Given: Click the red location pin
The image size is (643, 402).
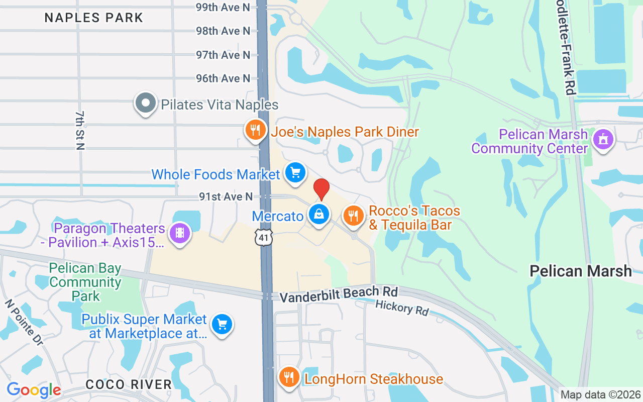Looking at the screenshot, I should coord(321,188).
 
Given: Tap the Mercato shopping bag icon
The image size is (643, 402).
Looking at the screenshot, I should coord(318,215).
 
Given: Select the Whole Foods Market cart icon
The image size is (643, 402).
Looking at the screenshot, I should coord(295,172).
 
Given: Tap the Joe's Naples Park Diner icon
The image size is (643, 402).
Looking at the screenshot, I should coord(256,130).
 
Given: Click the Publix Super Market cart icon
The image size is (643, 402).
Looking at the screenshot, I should coord(222,324).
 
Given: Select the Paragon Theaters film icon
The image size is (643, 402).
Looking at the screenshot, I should coord(180,233).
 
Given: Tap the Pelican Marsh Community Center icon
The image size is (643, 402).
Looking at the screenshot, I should coord(603,139).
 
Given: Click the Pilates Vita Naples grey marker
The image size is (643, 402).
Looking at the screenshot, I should coord(146,103).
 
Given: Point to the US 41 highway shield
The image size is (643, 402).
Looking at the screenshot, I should coord(263,237).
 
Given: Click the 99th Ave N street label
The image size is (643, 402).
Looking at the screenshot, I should coord(223,7).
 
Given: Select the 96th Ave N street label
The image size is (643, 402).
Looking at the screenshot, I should coord(223,78).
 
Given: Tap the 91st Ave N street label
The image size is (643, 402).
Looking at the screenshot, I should coord(225,197).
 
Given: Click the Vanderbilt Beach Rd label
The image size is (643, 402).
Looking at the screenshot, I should coord(339,294).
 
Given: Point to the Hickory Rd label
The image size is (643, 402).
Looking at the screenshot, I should coord(402,308).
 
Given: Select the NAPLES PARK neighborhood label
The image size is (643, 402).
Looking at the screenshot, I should coord(94,18).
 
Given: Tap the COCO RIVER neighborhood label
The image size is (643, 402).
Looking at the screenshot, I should coord(129,384).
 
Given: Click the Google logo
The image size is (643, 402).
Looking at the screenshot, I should coord(34,390).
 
